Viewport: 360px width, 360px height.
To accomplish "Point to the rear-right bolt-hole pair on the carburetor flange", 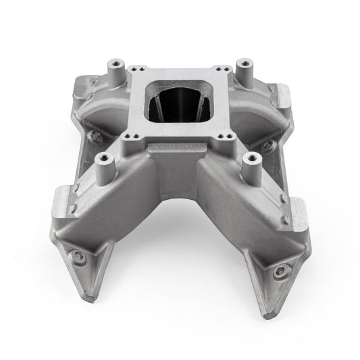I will click(217, 70).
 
